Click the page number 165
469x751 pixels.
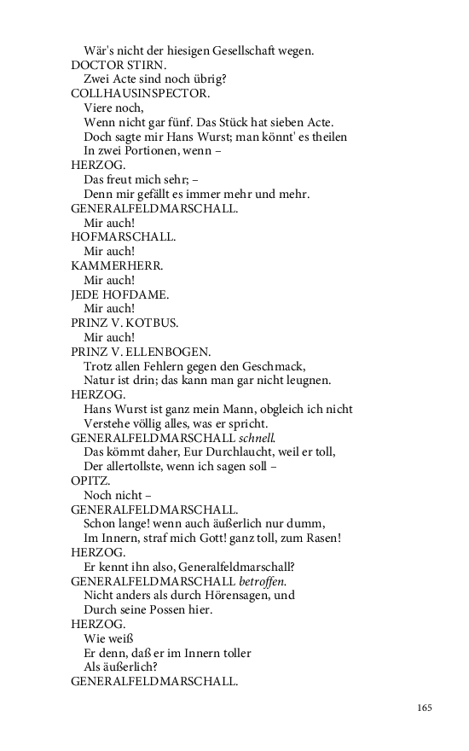[x=426, y=707]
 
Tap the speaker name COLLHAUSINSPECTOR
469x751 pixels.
[x=140, y=93]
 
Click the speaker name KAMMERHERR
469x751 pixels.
[x=117, y=265]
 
